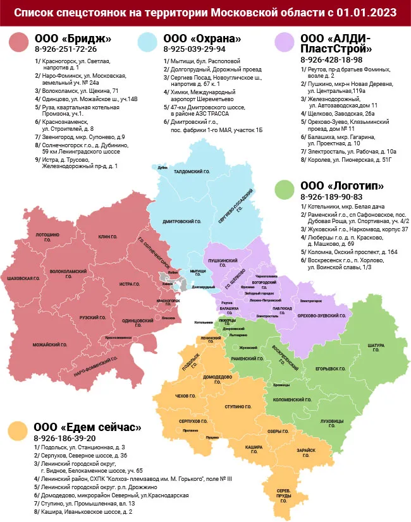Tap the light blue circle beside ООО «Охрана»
[x=149, y=43]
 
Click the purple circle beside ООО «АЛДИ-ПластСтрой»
[x=286, y=43]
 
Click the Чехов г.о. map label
[x=182, y=396]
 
